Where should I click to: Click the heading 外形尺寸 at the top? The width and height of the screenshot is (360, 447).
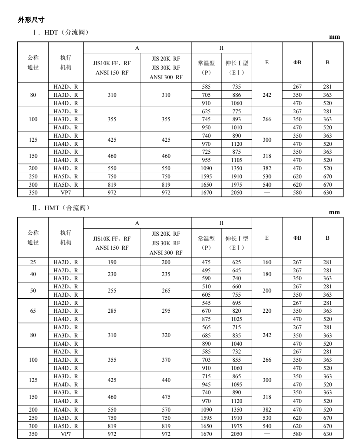[31, 19]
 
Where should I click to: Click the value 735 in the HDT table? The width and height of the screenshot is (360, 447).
[236, 87]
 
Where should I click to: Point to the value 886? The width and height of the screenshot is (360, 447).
[236, 95]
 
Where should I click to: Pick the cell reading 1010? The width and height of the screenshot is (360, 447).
[236, 127]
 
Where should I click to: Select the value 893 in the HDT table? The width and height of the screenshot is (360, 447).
[236, 119]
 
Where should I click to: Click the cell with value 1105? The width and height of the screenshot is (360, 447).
[236, 160]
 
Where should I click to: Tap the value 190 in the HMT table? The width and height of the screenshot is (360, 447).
[112, 262]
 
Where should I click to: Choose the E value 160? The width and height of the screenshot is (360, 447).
[267, 262]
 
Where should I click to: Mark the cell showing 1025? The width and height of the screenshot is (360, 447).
[236, 319]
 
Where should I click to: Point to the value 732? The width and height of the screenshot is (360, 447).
[236, 351]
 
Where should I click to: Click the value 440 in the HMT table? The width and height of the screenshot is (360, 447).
[166, 380]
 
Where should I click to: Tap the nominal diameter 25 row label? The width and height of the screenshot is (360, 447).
[33, 262]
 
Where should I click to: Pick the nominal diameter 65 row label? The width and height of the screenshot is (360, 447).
[33, 311]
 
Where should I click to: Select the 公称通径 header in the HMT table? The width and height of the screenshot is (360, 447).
[33, 238]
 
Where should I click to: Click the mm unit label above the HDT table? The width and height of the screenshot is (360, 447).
[334, 37]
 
